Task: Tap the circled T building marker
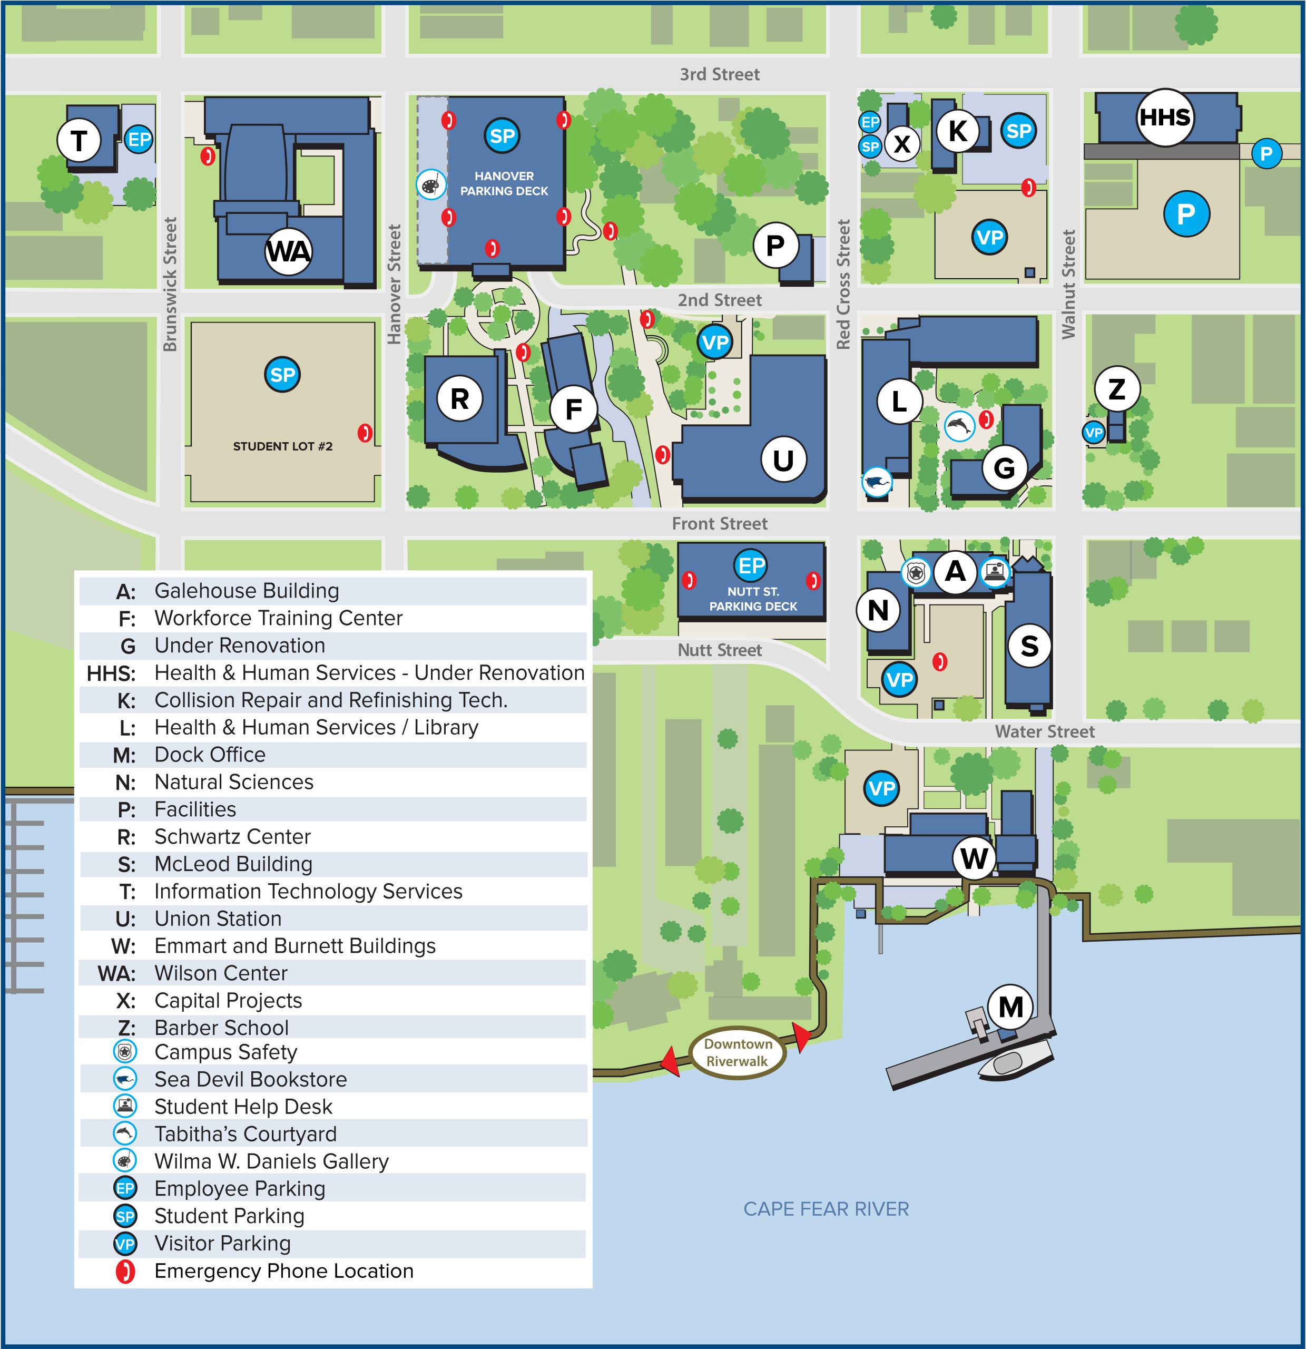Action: click(x=79, y=141)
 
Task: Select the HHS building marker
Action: click(x=1164, y=118)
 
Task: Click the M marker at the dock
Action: click(x=1010, y=1007)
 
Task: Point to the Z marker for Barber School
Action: click(x=1117, y=389)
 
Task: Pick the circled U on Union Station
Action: click(x=783, y=460)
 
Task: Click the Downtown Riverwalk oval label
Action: click(x=738, y=1052)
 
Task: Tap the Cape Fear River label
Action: click(x=826, y=1209)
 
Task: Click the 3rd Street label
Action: click(x=719, y=74)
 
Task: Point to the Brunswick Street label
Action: click(x=170, y=284)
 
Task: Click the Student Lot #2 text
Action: click(x=282, y=446)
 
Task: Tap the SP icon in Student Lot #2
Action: click(x=282, y=375)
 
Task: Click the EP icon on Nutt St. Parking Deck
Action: click(x=750, y=566)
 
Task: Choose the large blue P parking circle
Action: click(x=1185, y=214)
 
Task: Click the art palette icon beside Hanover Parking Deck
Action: click(x=431, y=185)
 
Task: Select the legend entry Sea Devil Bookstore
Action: click(x=250, y=1079)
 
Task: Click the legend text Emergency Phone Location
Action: click(x=283, y=1270)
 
